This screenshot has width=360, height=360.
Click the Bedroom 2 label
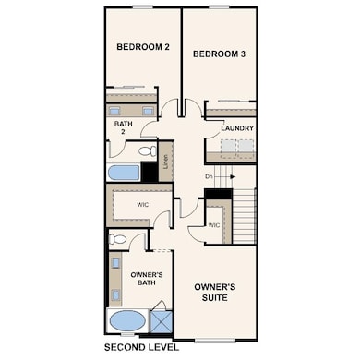tap(142, 47)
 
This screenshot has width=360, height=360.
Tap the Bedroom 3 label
tap(219, 54)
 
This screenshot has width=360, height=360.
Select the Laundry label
tap(237, 128)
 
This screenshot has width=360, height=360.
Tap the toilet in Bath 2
tap(147, 150)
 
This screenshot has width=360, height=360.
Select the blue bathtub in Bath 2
tap(124, 173)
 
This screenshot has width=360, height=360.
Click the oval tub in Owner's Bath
tap(127, 321)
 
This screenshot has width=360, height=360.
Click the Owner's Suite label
tap(214, 293)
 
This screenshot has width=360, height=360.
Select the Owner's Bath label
tap(146, 280)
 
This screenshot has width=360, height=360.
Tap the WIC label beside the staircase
tap(214, 225)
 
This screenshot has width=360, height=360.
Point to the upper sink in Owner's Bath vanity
tap(115, 265)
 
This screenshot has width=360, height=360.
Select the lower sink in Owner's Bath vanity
tap(115, 294)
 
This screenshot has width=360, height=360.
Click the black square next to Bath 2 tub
tap(149, 172)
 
